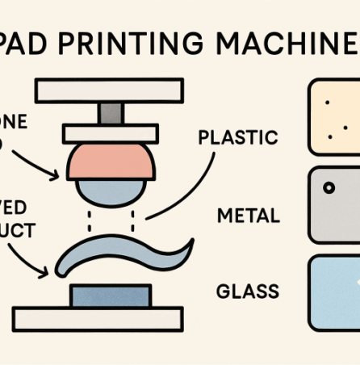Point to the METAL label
pos(249,216)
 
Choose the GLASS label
pos(249,291)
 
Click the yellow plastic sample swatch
pos(334,116)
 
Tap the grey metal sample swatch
pos(334,204)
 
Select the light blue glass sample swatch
pos(334,292)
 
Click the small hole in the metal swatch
pos(329,187)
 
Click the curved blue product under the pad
pos(121,252)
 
